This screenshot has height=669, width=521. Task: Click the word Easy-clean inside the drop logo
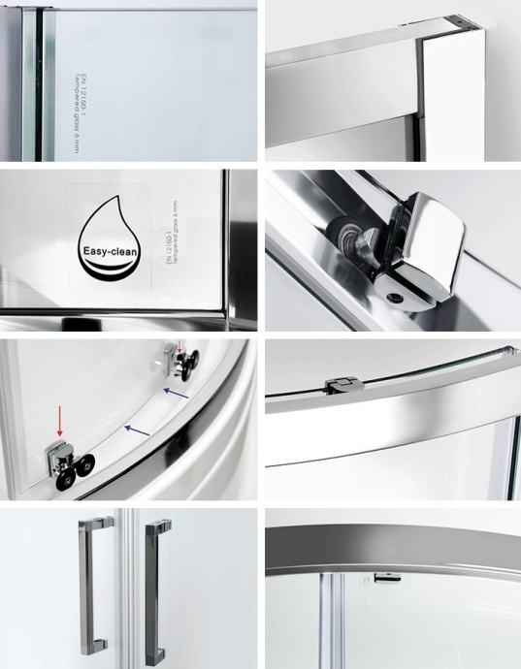[x=114, y=250]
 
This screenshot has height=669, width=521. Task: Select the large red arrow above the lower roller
[x=59, y=419]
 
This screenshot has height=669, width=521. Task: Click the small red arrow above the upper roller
[x=179, y=346]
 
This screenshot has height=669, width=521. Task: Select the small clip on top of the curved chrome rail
[x=340, y=384]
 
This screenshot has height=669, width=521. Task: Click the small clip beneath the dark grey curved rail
[x=386, y=580]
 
